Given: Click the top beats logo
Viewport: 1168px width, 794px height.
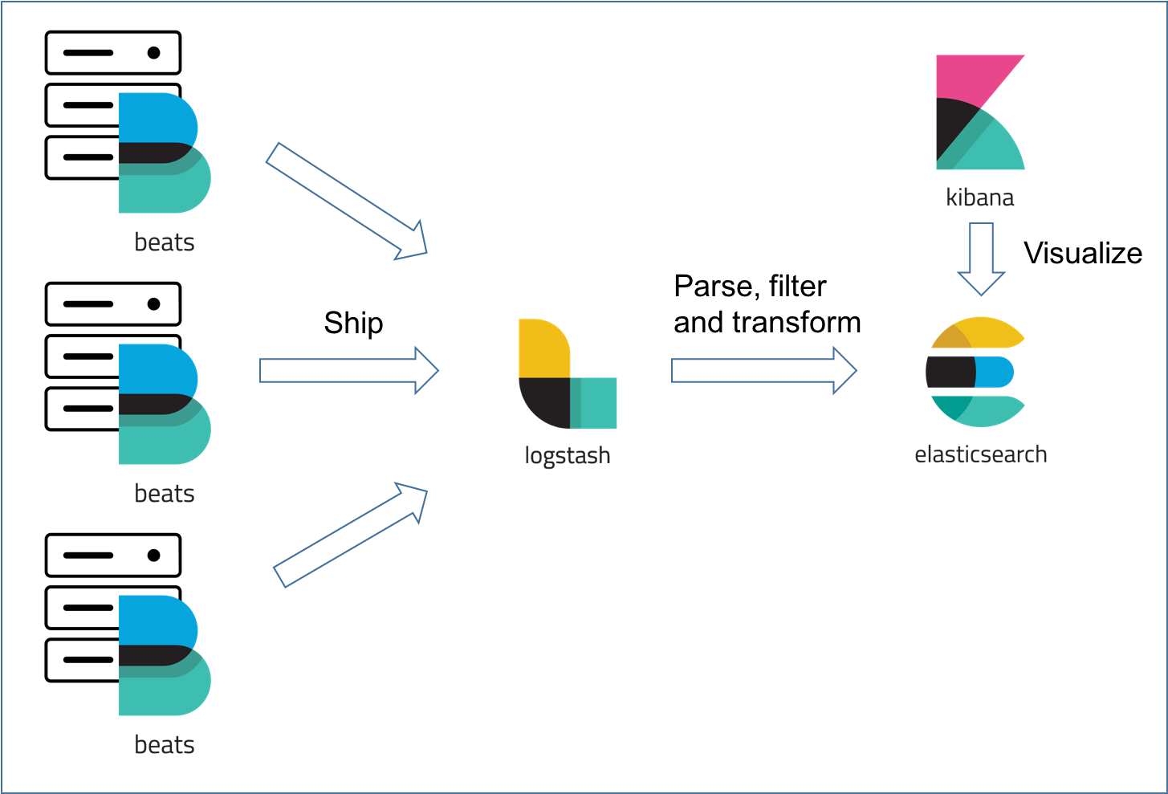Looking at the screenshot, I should [163, 153].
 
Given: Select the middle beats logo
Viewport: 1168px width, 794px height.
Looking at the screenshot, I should [163, 404].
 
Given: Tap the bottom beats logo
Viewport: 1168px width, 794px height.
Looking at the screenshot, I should [163, 655].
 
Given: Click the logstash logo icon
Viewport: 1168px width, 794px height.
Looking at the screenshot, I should [567, 374].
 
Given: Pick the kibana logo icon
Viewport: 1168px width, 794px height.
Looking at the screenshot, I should [979, 112].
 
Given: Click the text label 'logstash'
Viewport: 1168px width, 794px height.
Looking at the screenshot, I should [567, 455].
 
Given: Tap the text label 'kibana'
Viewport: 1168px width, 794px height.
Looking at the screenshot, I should [979, 197].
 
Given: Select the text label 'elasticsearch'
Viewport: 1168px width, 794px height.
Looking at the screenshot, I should [980, 454].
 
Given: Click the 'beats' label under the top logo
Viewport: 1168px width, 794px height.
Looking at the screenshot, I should [165, 242].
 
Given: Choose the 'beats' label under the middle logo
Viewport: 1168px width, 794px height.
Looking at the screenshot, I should [165, 494].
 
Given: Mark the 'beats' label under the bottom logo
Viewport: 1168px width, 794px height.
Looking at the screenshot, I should [165, 745].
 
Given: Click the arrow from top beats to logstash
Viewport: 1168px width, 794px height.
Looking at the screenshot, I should [345, 201].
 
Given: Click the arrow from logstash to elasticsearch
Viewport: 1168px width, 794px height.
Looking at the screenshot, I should [763, 371].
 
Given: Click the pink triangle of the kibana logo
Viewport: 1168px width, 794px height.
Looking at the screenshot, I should [975, 76].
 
